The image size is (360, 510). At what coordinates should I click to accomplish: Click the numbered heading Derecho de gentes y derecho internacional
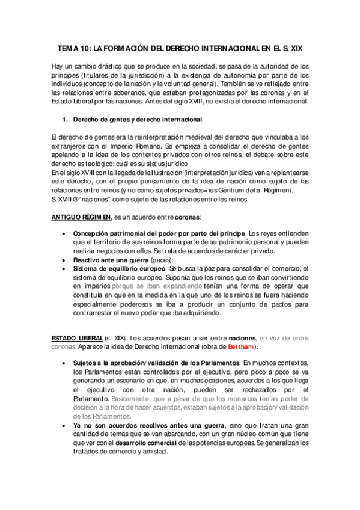pos(137,120)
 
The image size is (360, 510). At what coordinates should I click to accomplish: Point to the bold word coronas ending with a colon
pos(183,217)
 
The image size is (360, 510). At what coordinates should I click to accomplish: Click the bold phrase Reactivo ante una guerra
pos(111,259)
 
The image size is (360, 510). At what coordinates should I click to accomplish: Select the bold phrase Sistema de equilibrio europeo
pos(119,268)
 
